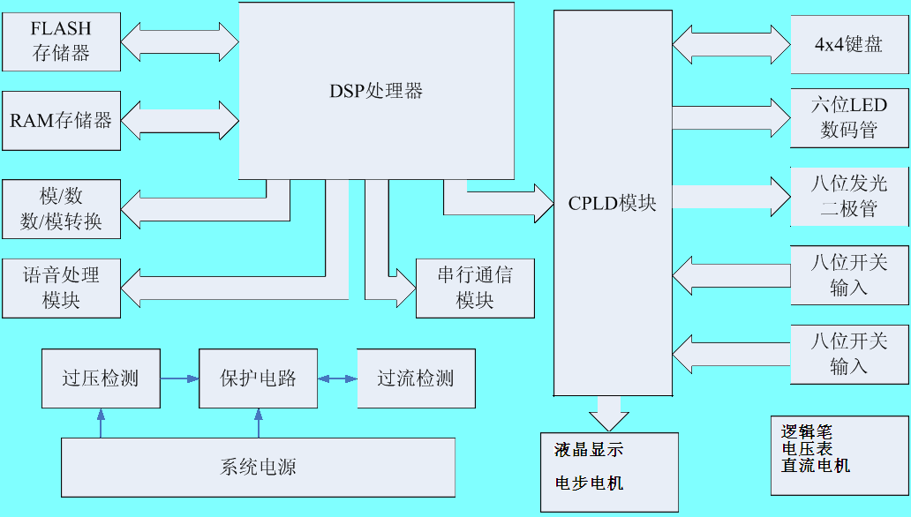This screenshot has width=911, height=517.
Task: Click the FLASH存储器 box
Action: (x=61, y=41)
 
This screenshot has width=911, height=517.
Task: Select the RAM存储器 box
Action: (x=61, y=120)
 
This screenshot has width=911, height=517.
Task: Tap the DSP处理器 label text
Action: (x=376, y=91)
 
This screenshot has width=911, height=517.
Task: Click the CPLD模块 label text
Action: (x=612, y=203)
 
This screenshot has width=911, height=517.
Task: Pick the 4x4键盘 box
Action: (x=848, y=44)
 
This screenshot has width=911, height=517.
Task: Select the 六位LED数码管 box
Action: (x=848, y=117)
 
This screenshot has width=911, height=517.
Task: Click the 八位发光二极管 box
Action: (x=848, y=196)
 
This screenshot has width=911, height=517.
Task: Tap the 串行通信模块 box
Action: (x=475, y=288)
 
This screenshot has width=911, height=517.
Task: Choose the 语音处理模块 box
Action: (x=61, y=288)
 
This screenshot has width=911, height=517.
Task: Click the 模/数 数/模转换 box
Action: (x=61, y=209)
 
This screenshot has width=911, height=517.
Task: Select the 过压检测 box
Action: (x=101, y=378)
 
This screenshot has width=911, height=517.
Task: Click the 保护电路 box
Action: (x=258, y=378)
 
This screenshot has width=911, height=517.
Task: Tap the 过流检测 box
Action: (x=416, y=378)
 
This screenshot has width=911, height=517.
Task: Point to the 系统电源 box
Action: (x=258, y=467)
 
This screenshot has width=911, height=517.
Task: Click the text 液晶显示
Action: (x=589, y=450)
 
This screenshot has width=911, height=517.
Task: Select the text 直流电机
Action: (x=816, y=465)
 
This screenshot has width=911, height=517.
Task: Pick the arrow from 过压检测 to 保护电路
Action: (x=180, y=378)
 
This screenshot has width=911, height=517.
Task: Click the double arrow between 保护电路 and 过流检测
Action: (x=337, y=378)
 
